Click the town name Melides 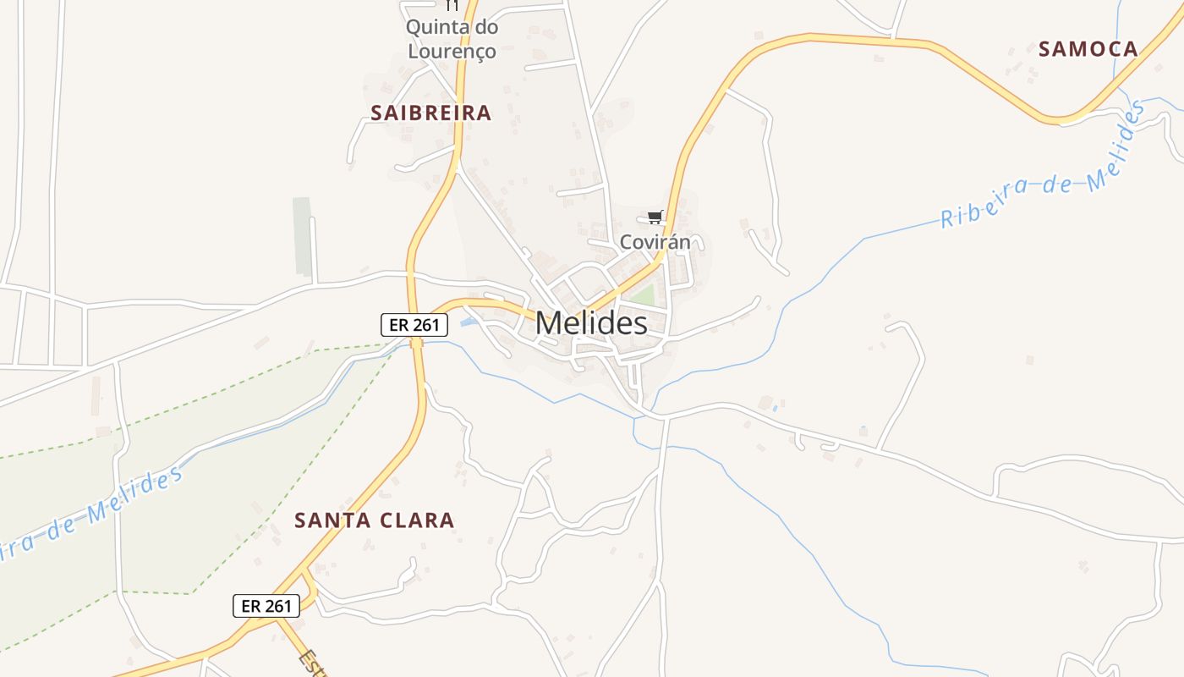click(591, 322)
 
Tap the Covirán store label click(655, 242)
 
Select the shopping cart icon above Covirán click(655, 217)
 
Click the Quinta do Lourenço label click(452, 39)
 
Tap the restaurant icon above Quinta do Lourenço click(452, 5)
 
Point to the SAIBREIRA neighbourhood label click(430, 113)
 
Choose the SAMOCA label click(1088, 49)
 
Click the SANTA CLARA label click(374, 520)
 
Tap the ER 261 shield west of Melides click(414, 324)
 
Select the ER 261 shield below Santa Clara click(266, 606)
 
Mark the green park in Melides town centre click(643, 296)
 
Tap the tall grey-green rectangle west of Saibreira click(302, 236)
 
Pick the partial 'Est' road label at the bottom click(312, 662)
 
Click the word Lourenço click(452, 51)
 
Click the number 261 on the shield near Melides click(426, 324)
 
